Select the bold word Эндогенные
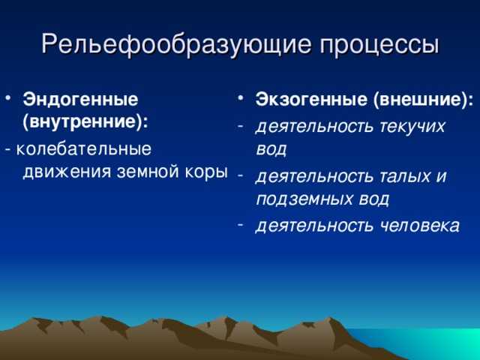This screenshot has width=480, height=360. click(80, 100)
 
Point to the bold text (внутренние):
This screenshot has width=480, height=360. click(85, 122)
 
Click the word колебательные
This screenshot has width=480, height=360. click(83, 149)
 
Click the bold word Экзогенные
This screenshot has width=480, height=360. click(311, 100)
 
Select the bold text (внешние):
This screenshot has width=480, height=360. click(423, 100)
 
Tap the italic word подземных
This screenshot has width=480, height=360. click(304, 199)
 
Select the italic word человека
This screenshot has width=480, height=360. click(420, 226)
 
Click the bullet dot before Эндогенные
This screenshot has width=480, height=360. click(8, 98)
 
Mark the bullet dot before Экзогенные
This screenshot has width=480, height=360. click(241, 98)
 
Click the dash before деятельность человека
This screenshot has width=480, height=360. click(241, 224)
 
